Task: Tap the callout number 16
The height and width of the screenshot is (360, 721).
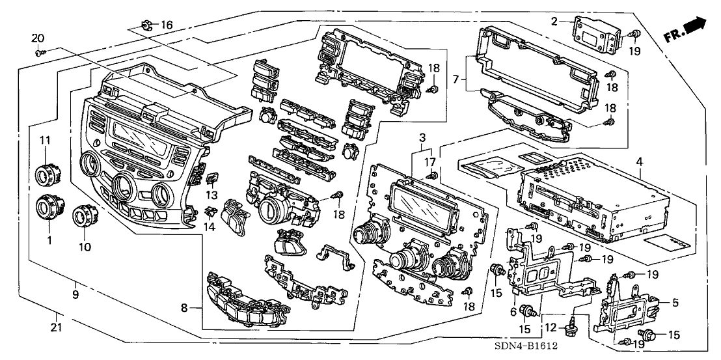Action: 167,25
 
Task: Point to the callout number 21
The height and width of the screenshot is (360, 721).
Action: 57,327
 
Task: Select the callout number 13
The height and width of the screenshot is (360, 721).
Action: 211,196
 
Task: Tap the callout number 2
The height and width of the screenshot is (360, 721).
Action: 554,21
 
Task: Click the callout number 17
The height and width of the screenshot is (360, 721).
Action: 429,161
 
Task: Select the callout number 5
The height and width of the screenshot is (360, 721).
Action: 675,302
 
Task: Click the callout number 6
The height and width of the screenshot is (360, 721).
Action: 513,311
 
